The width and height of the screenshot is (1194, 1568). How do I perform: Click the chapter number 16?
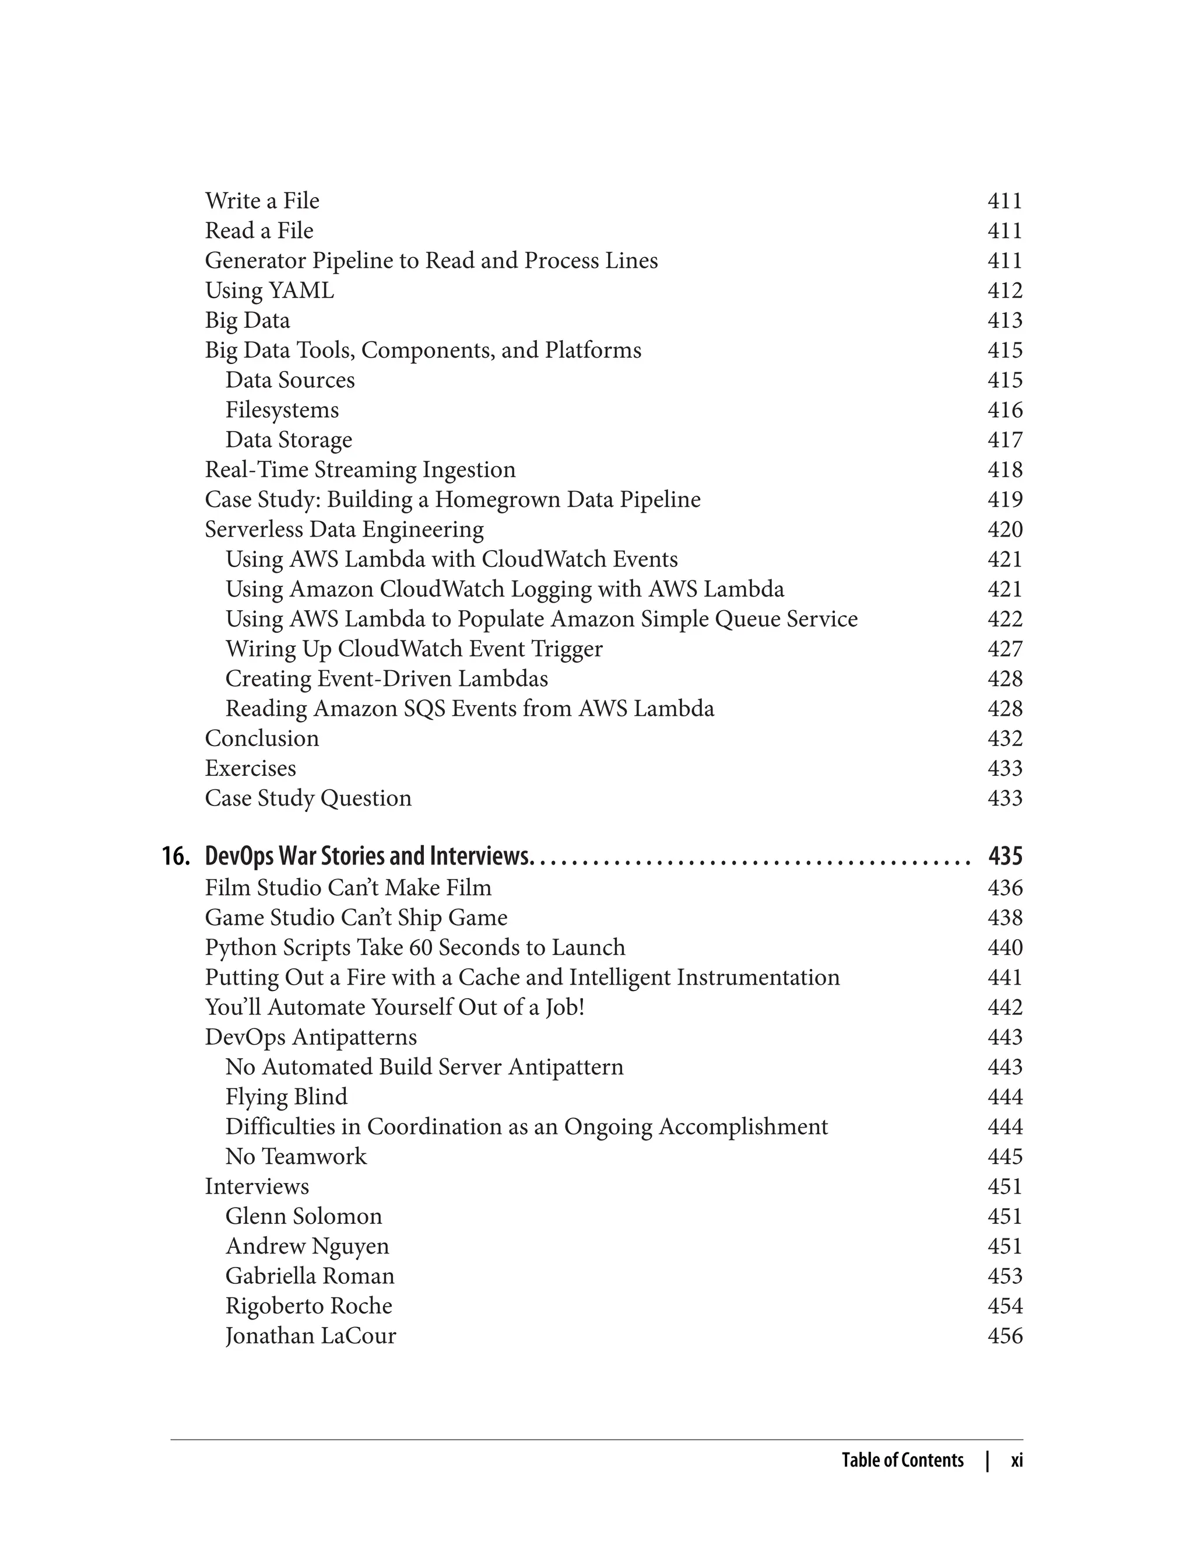tap(175, 856)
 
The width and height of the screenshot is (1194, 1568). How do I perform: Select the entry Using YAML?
tap(269, 291)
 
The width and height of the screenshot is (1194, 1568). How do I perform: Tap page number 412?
tap(1005, 291)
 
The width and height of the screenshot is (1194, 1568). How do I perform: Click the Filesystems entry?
tap(282, 410)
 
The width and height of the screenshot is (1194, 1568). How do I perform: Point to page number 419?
tap(1005, 500)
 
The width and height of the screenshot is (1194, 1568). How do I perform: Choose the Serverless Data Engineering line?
tap(344, 530)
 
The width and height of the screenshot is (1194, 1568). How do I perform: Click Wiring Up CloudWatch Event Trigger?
tap(413, 649)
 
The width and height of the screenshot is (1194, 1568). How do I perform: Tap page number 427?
tap(1005, 649)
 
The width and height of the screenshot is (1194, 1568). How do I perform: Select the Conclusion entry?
tap(262, 739)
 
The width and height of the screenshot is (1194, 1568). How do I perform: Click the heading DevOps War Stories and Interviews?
tap(367, 856)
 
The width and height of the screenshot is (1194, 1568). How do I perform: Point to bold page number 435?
tap(1005, 856)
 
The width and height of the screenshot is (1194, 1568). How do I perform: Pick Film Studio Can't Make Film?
tap(348, 888)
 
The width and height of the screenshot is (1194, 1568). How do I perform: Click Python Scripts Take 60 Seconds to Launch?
tap(415, 948)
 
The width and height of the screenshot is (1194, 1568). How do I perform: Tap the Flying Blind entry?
tap(286, 1097)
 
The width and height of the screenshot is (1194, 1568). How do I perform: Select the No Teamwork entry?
tap(296, 1157)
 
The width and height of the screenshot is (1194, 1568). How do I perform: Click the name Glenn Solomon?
tap(304, 1217)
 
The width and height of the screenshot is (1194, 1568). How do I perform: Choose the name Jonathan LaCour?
tap(311, 1336)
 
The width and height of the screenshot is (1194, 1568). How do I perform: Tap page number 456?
tap(1005, 1336)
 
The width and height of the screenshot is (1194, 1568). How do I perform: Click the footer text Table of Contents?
tap(902, 1461)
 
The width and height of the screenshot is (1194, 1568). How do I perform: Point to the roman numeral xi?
tap(1016, 1461)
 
